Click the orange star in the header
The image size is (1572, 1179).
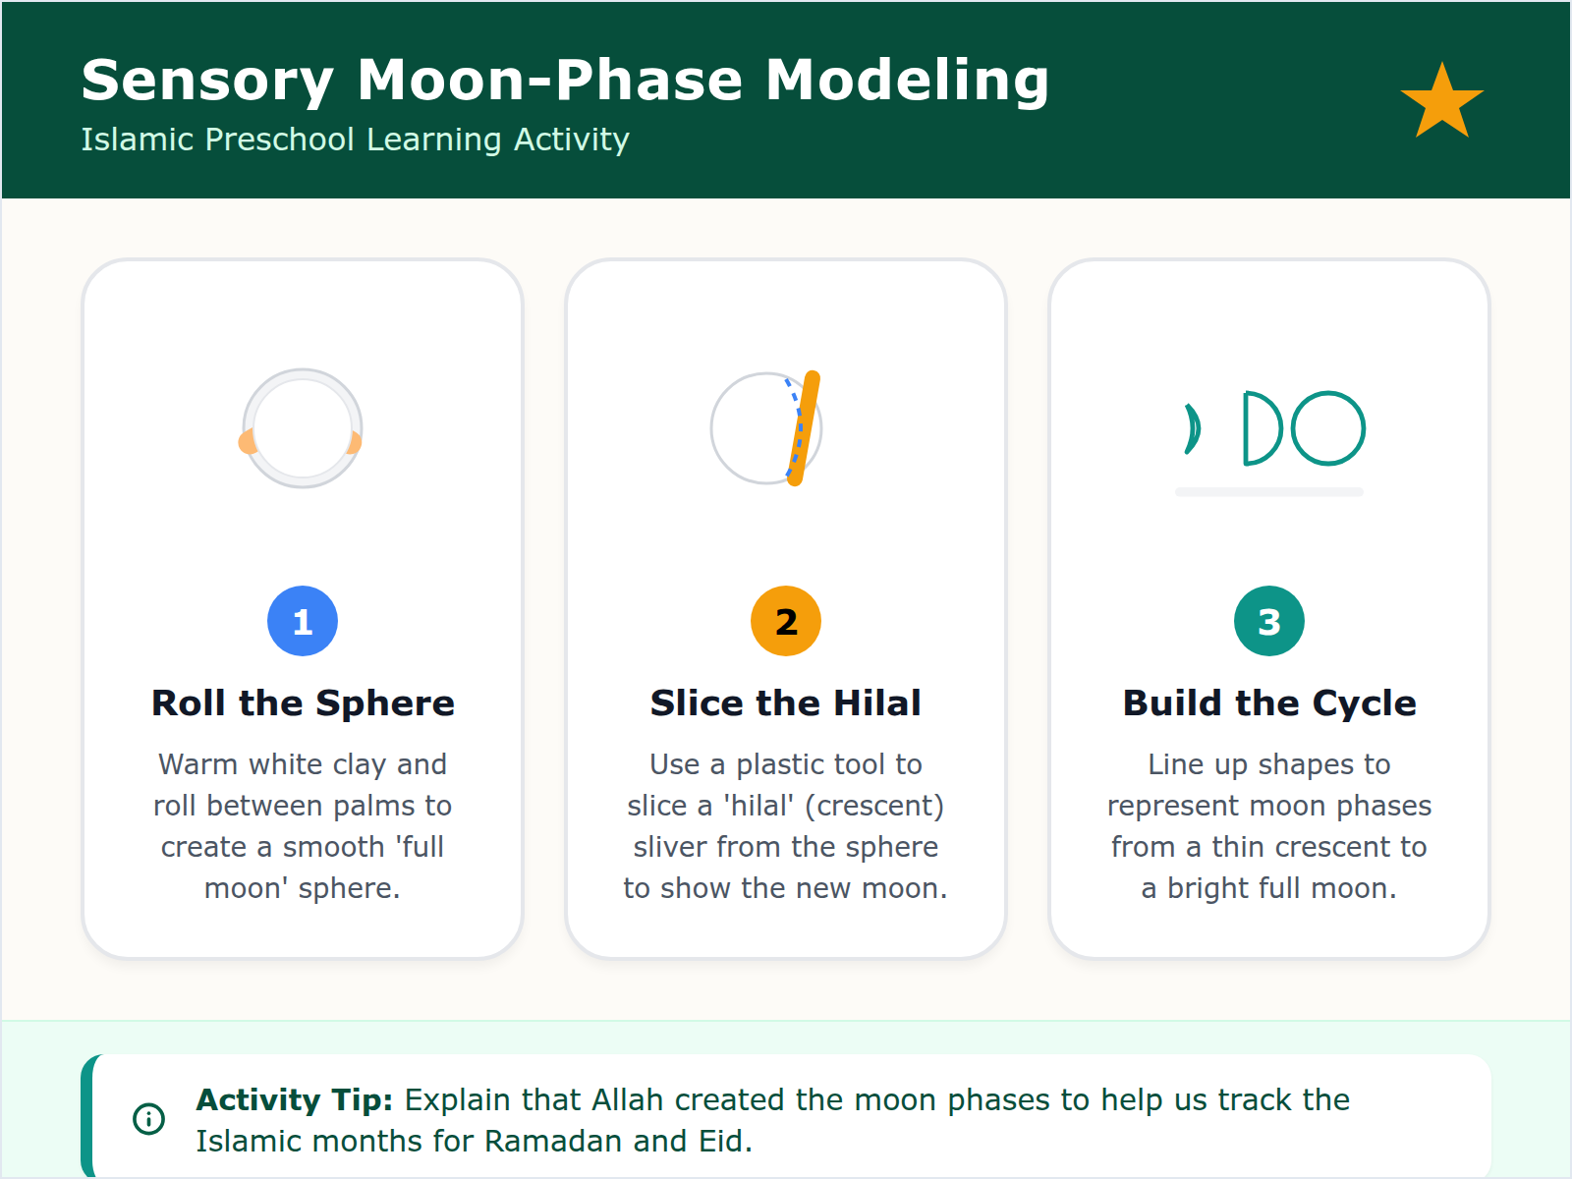(1441, 102)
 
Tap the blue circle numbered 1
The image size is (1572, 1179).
(303, 621)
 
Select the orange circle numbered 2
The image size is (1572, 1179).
(786, 621)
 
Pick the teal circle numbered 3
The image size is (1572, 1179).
(1268, 621)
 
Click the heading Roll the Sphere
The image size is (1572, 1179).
(303, 703)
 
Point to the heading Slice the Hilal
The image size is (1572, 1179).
(786, 703)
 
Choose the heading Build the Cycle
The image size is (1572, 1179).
(1268, 703)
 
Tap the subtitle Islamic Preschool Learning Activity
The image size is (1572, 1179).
(355, 140)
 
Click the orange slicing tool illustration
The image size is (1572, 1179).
(805, 428)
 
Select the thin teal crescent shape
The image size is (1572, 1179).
(1194, 429)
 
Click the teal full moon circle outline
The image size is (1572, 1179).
(1328, 428)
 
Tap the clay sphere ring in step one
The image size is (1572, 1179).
(303, 371)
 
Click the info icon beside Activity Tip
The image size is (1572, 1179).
(148, 1118)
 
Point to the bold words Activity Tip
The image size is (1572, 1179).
(294, 1099)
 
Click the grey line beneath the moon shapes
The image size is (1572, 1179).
(1268, 492)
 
